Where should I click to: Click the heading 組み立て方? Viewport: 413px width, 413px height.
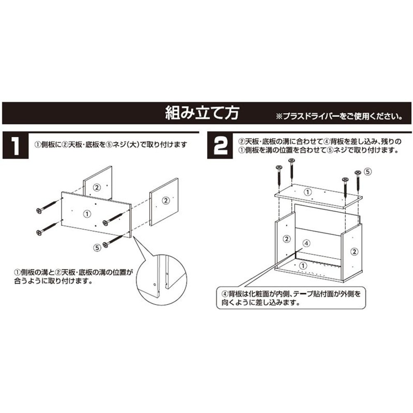pyautogui.click(x=201, y=112)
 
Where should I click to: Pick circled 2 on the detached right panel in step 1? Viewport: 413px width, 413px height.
pyautogui.click(x=165, y=201)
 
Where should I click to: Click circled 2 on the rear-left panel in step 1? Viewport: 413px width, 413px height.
pyautogui.click(x=96, y=187)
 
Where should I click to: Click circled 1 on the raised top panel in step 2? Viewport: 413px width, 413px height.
pyautogui.click(x=308, y=192)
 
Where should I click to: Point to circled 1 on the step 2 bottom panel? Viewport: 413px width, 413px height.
pyautogui.click(x=303, y=265)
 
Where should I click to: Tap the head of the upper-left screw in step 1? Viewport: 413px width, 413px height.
pyautogui.click(x=39, y=211)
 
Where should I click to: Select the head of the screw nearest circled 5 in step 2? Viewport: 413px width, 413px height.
pyautogui.click(x=357, y=172)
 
